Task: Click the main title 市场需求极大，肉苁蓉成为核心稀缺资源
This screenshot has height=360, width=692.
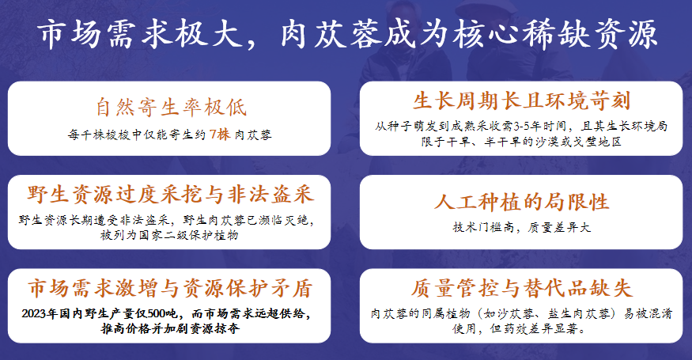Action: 347,34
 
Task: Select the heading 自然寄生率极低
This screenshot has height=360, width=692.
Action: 172,108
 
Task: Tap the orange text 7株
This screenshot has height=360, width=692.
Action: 220,134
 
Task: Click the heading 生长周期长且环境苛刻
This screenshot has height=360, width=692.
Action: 521,101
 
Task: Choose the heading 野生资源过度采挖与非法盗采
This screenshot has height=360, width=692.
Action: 170,195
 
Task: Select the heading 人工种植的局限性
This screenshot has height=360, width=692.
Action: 521,202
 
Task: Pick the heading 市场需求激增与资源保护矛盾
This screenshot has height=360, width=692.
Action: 170,288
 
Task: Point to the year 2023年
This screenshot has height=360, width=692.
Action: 40,313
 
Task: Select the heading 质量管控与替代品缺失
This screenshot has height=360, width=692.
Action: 522,288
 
